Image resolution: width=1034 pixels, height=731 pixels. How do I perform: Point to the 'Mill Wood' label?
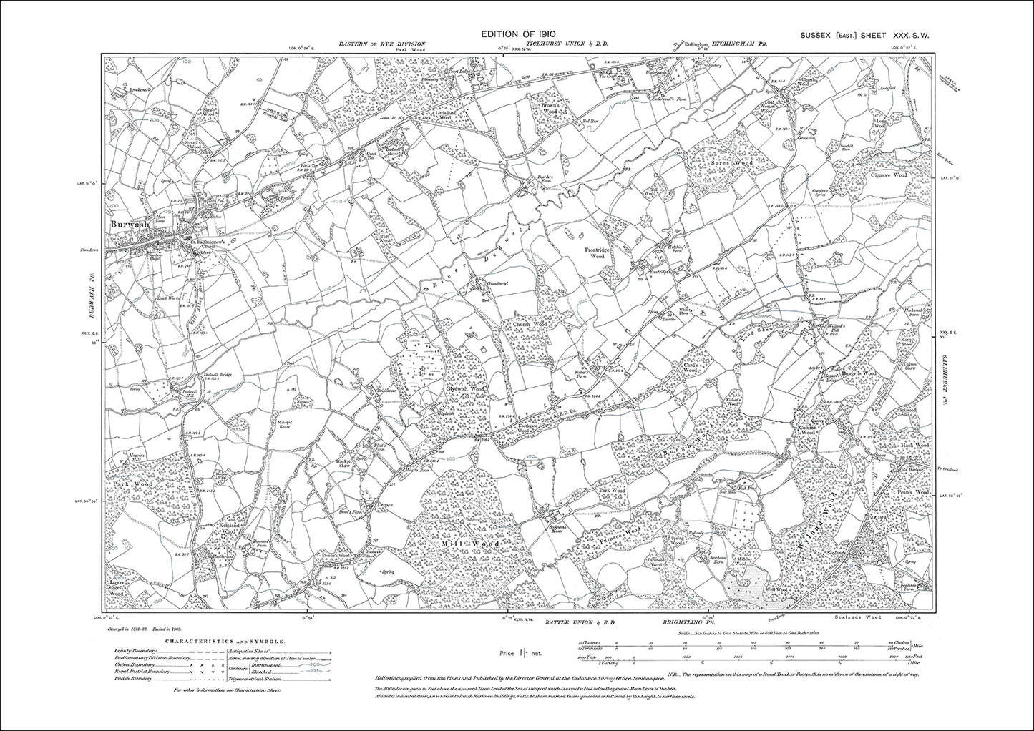(474, 544)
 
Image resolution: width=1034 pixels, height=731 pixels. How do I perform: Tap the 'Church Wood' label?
(529, 324)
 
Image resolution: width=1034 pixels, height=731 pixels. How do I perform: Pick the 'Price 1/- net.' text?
(518, 654)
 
